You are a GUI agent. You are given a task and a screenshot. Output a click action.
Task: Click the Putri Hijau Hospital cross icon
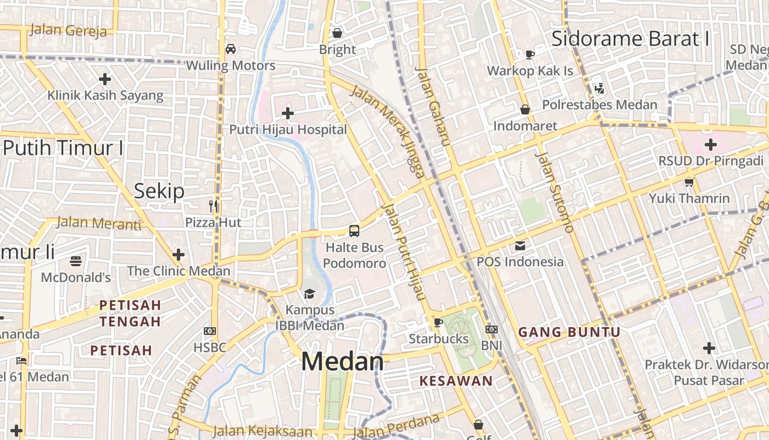click(x=287, y=113)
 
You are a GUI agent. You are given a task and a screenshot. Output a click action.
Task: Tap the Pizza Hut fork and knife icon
click(x=213, y=206)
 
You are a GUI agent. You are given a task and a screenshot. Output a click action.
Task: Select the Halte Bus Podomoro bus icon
click(x=354, y=230)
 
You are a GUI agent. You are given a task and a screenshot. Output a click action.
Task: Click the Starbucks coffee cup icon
click(x=438, y=322)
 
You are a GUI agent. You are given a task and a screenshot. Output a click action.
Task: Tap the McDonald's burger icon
click(x=76, y=261)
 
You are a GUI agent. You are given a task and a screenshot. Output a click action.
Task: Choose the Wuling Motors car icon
click(x=231, y=49)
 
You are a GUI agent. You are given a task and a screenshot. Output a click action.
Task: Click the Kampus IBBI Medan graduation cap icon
click(x=309, y=294)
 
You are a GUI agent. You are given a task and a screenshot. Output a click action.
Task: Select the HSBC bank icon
click(x=209, y=331)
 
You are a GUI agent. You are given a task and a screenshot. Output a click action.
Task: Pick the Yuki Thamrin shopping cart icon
click(x=689, y=182)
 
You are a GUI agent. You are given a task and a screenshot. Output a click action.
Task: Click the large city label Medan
click(x=342, y=361)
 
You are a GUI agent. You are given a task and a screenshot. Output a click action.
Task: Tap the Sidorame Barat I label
click(x=630, y=38)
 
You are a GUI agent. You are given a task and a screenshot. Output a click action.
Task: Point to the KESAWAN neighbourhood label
click(x=456, y=381)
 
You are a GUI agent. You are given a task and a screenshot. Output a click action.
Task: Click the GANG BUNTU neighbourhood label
click(x=569, y=332)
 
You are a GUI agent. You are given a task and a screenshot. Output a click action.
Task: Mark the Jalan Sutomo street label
click(x=554, y=192)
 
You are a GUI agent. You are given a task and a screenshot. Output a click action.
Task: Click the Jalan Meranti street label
click(x=98, y=223)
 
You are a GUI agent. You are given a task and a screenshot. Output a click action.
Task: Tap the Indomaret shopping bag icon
click(x=525, y=109)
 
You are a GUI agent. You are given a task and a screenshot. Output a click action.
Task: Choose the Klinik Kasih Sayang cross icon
click(x=105, y=79)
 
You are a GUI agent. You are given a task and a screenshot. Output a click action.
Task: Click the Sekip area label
click(x=159, y=191)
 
